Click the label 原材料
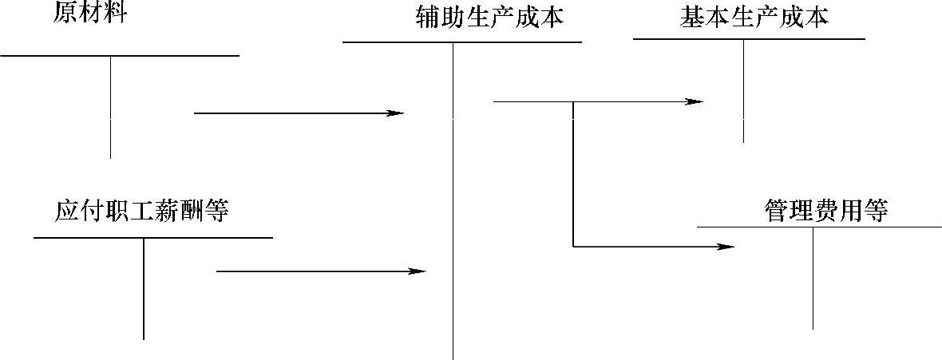(89, 14)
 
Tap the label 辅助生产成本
(489, 17)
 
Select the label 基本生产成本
(754, 17)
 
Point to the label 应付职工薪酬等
(142, 211)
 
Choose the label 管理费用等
(825, 211)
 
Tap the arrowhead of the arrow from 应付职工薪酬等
(419, 271)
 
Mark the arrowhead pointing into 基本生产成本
(696, 101)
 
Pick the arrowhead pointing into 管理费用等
(726, 247)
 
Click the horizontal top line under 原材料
(120, 56)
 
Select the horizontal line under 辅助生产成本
(461, 42)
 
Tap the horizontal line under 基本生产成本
(749, 38)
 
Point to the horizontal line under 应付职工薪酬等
(153, 237)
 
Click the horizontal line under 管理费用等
(819, 227)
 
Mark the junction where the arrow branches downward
(573, 102)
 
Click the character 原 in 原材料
(65, 14)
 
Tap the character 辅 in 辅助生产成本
(428, 17)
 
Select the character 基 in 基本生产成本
(692, 17)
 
